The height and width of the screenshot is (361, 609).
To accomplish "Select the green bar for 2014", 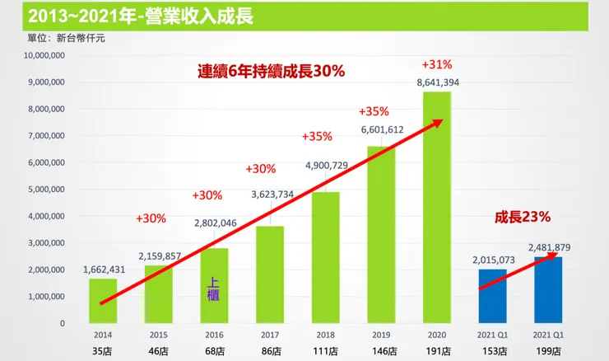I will [x=103, y=301].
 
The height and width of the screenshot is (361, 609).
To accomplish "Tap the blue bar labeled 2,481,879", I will [x=548, y=290].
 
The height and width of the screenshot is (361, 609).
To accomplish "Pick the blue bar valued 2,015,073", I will [x=492, y=297].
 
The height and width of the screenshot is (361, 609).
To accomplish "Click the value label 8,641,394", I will [x=438, y=82].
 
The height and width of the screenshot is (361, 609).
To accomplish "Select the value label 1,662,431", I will [x=105, y=269].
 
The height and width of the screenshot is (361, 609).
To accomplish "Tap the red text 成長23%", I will [x=522, y=218].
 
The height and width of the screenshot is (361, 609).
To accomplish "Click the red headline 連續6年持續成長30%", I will [x=271, y=72].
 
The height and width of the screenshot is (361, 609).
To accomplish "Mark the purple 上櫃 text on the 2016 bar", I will [x=215, y=288].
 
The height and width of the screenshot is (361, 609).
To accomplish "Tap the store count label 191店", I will [x=437, y=350].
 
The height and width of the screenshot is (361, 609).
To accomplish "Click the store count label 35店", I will [x=103, y=350].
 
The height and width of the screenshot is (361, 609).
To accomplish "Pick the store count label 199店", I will [x=548, y=350].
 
